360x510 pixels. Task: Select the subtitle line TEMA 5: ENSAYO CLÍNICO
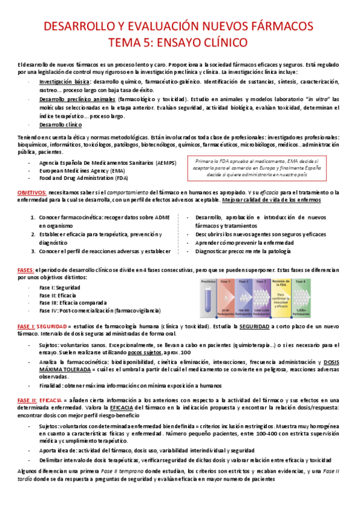pyautogui.click(x=180, y=43)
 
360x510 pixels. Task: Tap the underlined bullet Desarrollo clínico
pyautogui.click(x=59, y=125)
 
